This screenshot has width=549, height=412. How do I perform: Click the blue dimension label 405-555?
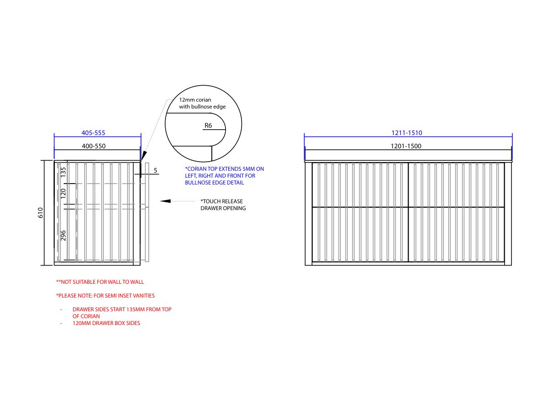[93, 133]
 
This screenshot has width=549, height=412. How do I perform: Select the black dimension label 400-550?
[93, 146]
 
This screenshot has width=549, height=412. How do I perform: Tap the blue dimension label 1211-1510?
[406, 133]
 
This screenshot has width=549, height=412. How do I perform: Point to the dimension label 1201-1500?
[406, 146]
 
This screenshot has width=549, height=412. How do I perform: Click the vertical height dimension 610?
[41, 212]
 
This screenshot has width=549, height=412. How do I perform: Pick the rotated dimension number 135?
[63, 172]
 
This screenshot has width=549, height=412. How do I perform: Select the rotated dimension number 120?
[63, 193]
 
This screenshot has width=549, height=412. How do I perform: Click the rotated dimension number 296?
[63, 235]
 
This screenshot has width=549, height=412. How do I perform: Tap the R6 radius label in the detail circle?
[208, 125]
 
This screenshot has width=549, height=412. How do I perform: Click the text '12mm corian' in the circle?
[195, 99]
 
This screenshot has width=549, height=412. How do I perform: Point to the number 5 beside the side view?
[155, 170]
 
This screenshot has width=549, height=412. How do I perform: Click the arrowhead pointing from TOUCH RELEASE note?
[165, 201]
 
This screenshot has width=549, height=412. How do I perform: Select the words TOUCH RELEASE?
[221, 201]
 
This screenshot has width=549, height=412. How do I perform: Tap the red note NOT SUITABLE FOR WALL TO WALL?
[100, 282]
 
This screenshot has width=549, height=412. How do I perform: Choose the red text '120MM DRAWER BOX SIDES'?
[106, 323]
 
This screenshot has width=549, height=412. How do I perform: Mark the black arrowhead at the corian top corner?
[144, 156]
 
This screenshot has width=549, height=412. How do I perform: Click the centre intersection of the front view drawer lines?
[408, 207]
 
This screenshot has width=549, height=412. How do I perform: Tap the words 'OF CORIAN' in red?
[86, 316]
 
